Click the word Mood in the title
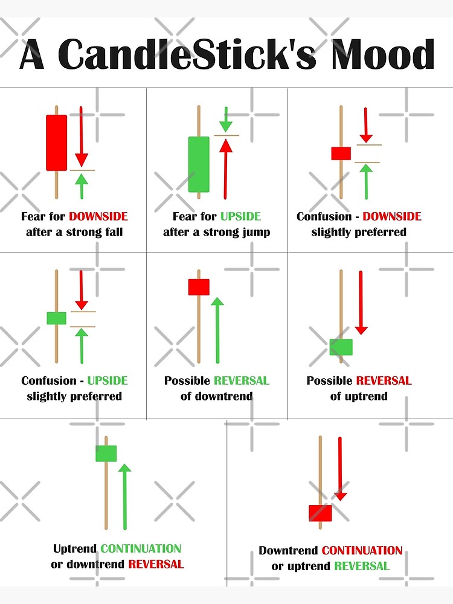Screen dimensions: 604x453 click(x=380, y=54)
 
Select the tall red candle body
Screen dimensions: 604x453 click(x=56, y=143)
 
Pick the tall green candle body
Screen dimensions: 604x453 click(x=199, y=164)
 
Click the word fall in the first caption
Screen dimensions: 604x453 click(x=112, y=232)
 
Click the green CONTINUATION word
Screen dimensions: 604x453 click(x=141, y=549)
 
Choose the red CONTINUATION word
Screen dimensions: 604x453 click(x=362, y=550)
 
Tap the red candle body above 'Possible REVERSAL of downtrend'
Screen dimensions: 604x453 click(x=198, y=287)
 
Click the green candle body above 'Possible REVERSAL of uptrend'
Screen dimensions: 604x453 click(x=341, y=347)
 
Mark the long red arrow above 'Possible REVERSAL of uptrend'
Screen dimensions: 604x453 click(x=361, y=302)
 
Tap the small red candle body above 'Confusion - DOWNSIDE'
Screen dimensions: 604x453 click(x=341, y=153)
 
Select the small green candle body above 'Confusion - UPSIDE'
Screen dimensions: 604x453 click(x=56, y=318)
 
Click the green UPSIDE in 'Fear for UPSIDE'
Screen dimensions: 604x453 click(x=240, y=216)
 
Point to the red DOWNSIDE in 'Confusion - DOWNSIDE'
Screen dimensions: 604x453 click(x=392, y=216)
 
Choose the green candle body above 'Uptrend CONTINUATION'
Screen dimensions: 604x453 click(x=106, y=453)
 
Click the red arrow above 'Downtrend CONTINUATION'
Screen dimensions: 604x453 click(x=340, y=468)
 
